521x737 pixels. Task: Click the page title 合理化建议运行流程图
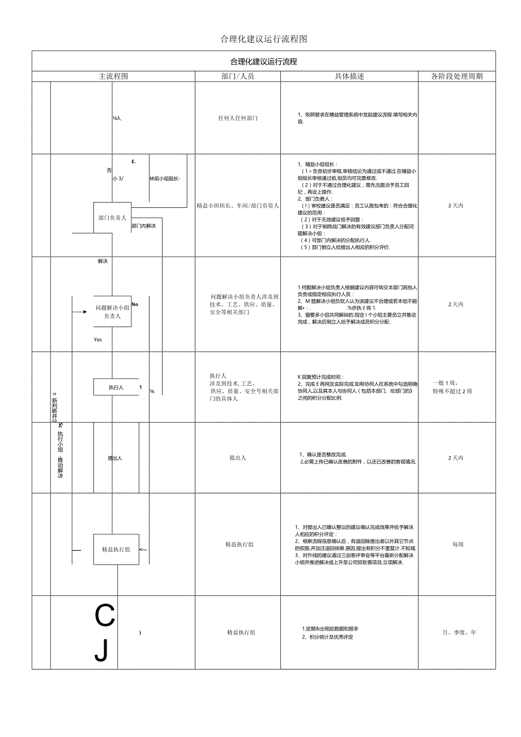click(x=263, y=39)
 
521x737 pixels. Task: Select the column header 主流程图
click(x=114, y=76)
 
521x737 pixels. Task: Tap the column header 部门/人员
click(x=238, y=76)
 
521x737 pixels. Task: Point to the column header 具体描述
click(x=349, y=76)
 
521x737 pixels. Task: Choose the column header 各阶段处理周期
click(x=456, y=76)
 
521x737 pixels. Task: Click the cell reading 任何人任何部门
click(x=238, y=118)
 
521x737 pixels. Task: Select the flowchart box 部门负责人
click(x=112, y=218)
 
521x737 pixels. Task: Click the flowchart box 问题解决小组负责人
click(x=112, y=312)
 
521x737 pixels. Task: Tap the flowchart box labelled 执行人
click(x=116, y=387)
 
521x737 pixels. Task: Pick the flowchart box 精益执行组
click(x=116, y=549)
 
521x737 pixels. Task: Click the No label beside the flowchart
click(x=135, y=304)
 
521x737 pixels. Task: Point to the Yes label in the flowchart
click(x=98, y=339)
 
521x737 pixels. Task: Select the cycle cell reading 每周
click(x=458, y=544)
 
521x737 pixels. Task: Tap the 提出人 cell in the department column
click(x=238, y=458)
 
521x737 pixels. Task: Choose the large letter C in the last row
click(x=104, y=616)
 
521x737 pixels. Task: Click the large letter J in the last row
click(x=101, y=651)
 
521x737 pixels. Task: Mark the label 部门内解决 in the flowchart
click(x=143, y=226)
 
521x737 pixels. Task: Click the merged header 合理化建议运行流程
click(x=263, y=61)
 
